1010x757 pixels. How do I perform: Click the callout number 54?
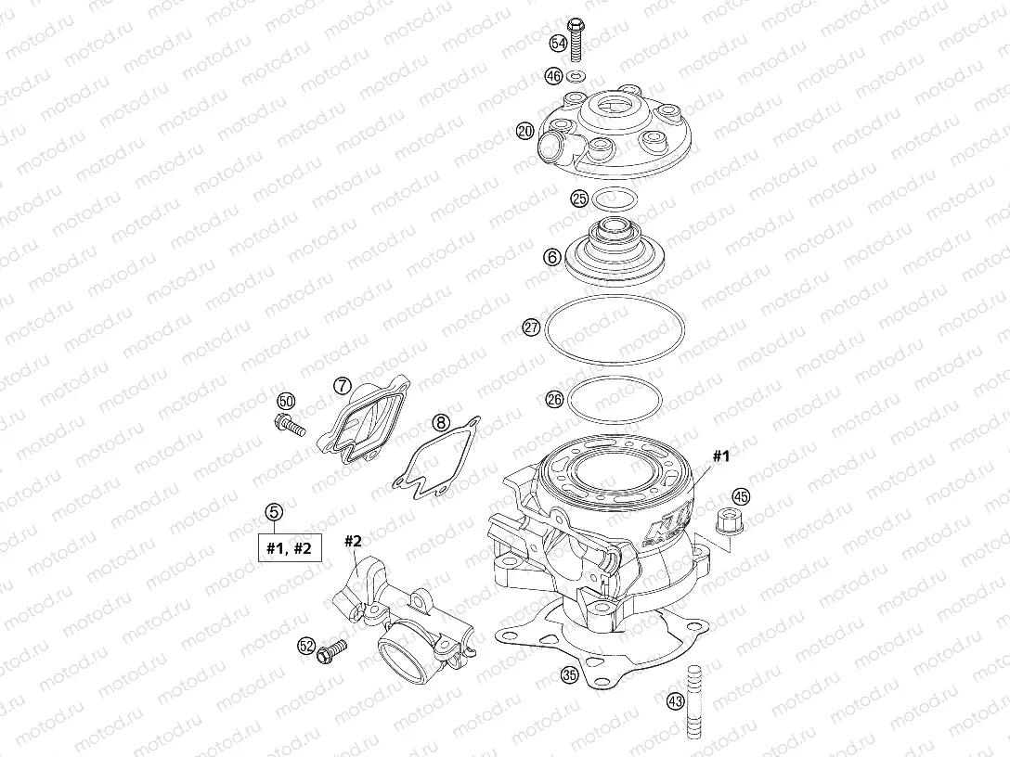coord(558,44)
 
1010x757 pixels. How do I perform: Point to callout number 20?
coord(525,132)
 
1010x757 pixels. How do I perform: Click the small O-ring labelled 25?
coord(612,199)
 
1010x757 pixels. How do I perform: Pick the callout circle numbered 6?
coord(552,256)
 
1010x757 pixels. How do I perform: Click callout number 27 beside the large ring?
coord(531,327)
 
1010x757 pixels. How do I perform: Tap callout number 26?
coord(554,400)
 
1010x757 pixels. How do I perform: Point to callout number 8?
coord(441,425)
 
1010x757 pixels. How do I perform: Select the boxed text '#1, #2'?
coord(289,547)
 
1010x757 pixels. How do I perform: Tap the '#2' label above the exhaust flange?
coord(353,541)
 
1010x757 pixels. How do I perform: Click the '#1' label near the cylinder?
coord(722,456)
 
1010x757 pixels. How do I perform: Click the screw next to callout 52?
coord(330,651)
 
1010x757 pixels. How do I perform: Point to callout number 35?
coord(570,676)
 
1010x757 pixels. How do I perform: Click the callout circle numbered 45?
coord(742,495)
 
